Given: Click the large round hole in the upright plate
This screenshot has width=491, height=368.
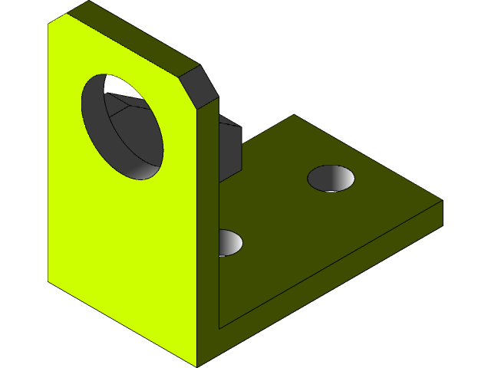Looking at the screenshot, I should [123, 127].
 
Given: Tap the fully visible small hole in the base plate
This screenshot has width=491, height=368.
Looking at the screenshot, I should [331, 178].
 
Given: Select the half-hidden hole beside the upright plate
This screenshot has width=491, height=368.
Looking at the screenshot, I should [230, 242].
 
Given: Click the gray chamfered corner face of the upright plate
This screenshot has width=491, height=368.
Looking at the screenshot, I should [202, 86].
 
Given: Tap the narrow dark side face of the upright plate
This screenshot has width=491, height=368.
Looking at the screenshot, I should [208, 230].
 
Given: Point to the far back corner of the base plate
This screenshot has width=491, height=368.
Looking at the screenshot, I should [294, 116].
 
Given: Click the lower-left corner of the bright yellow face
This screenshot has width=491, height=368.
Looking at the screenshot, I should [48, 281].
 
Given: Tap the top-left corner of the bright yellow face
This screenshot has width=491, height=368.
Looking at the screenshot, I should [48, 24].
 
